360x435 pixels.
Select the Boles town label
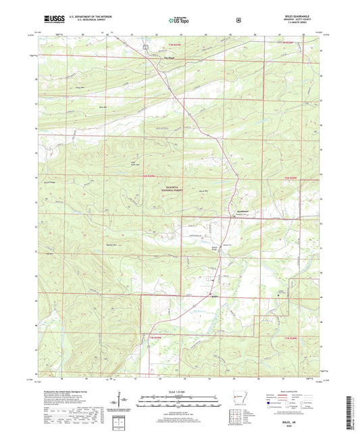point(215,296)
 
